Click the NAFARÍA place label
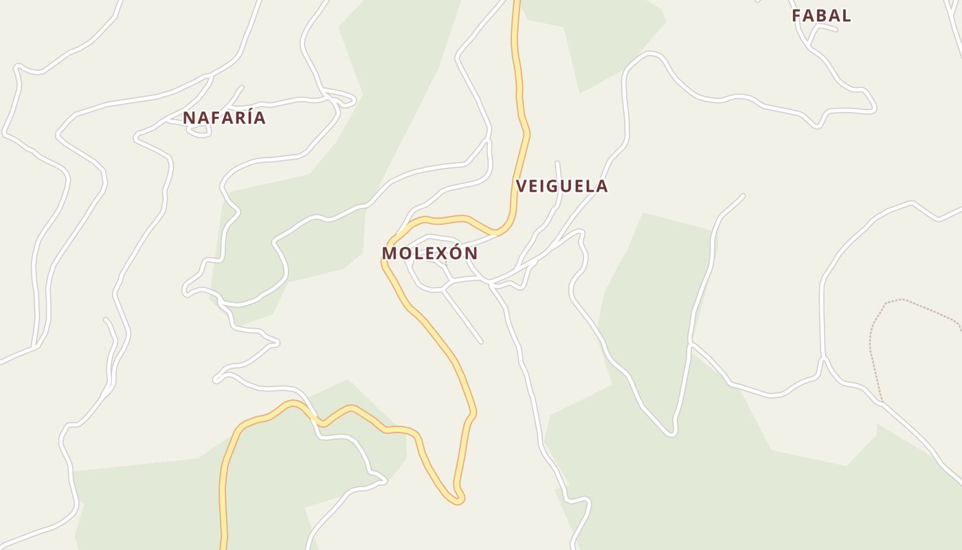224,118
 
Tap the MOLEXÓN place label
429,253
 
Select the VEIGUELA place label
561,186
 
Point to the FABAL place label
821,15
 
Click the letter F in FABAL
797,15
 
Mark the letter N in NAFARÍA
189,118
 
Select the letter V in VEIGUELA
522,186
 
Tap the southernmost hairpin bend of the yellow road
456,500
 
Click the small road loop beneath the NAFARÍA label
199,131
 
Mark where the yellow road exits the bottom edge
223,547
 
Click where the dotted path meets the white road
881,401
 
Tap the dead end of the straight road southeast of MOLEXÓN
480,341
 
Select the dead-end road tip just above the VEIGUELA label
557,163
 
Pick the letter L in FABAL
847,15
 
